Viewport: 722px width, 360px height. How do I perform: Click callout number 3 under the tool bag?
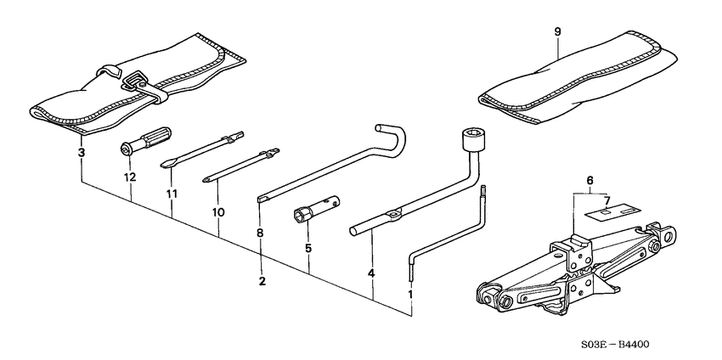pyautogui.click(x=81, y=153)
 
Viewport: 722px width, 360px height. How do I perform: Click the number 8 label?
pyautogui.click(x=260, y=232)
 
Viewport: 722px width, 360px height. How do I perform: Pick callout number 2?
pyautogui.click(x=262, y=281)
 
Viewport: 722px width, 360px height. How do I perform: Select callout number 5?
pyautogui.click(x=309, y=249)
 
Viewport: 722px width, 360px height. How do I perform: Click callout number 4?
pyautogui.click(x=371, y=273)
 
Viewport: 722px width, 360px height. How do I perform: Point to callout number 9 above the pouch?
pyautogui.click(x=558, y=32)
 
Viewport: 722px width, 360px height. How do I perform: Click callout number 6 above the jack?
pyautogui.click(x=589, y=180)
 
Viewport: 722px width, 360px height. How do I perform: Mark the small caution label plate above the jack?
pyautogui.click(x=610, y=211)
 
